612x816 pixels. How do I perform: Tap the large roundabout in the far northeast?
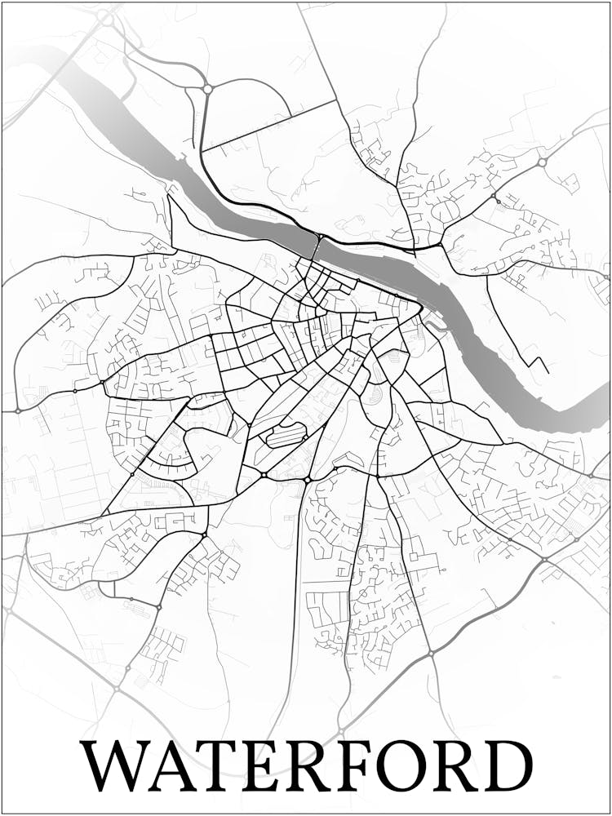[x=542, y=162]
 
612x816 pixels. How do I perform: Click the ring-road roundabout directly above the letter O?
[x=430, y=654]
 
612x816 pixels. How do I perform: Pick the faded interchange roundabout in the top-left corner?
[x=104, y=16]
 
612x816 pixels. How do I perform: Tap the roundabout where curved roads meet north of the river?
[x=207, y=88]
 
